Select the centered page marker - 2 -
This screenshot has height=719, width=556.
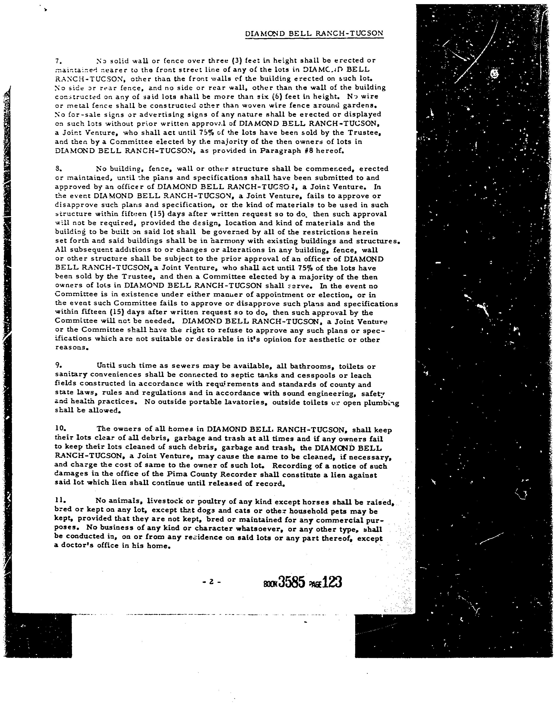click(x=211, y=582)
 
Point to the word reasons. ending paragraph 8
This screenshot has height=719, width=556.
click(x=72, y=348)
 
